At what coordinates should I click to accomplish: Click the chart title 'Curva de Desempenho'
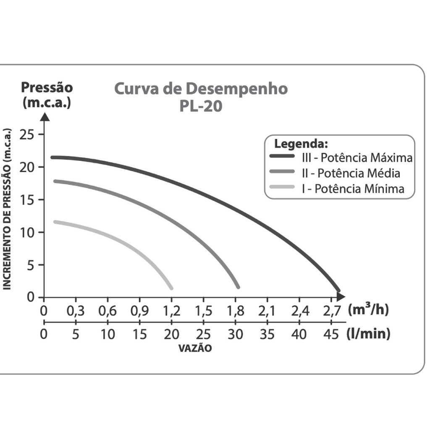[201, 89]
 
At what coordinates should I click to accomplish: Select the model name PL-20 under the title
[201, 106]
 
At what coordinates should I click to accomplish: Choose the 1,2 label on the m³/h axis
[171, 311]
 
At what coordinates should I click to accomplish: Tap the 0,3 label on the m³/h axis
[76, 311]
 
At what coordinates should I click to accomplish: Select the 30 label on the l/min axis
[235, 334]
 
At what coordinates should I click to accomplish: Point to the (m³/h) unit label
[368, 310]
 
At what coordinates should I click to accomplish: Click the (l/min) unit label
[368, 334]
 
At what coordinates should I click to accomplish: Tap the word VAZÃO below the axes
[195, 349]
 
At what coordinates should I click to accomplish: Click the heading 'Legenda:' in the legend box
[300, 144]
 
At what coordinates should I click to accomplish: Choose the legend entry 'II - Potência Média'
[351, 173]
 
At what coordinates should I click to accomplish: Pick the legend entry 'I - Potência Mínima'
[353, 189]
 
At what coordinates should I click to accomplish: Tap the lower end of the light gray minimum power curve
[170, 287]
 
